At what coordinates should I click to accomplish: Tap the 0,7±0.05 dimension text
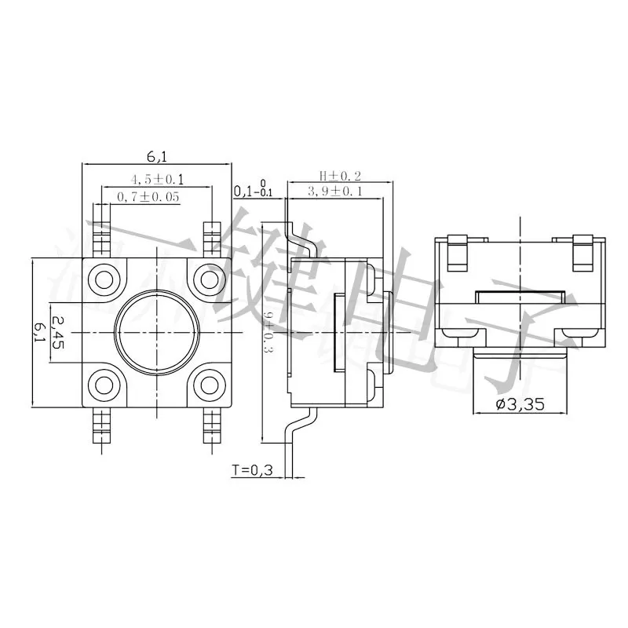tap(148, 196)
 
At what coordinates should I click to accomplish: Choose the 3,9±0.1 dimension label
tap(334, 191)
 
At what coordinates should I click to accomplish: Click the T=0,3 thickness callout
tap(251, 470)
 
